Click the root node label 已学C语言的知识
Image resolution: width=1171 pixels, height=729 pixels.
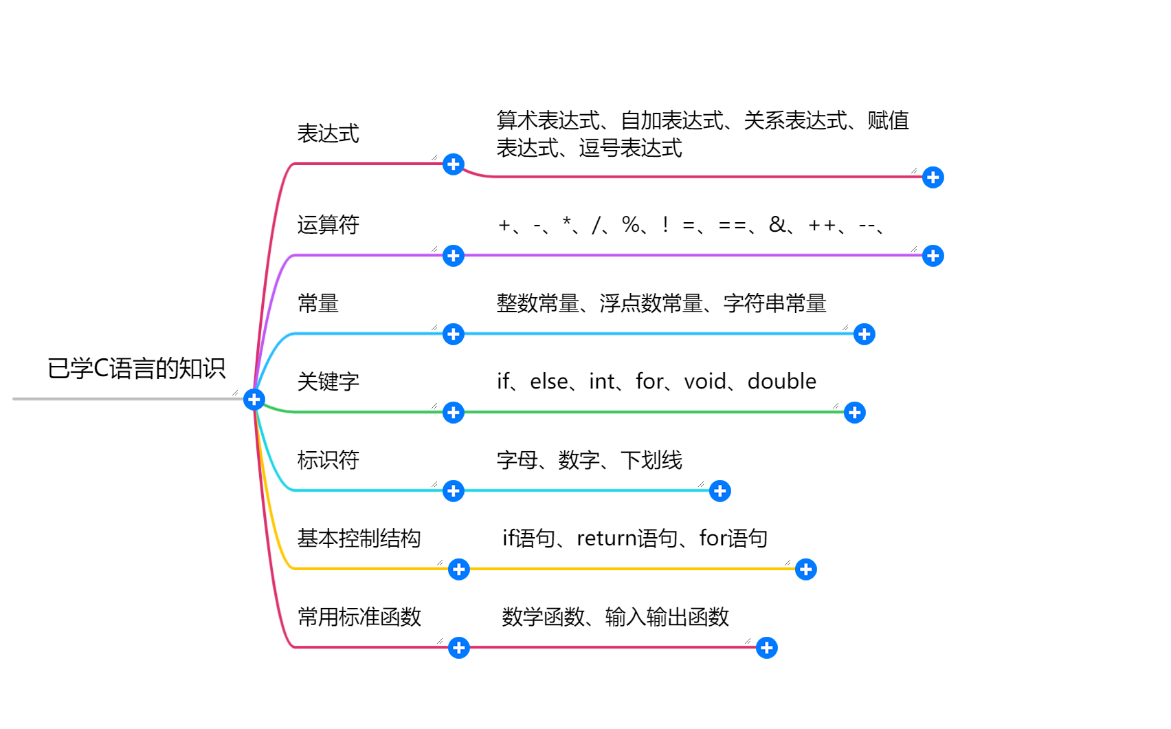click(136, 369)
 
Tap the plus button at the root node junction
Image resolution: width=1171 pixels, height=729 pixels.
click(254, 400)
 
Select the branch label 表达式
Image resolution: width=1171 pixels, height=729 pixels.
click(328, 133)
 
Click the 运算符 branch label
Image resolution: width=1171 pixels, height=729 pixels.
click(328, 225)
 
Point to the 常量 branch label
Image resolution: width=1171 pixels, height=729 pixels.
click(317, 303)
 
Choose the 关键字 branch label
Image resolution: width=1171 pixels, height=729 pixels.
click(328, 382)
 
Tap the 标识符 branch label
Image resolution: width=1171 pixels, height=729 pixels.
click(328, 460)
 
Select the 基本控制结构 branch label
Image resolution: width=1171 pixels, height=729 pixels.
click(359, 538)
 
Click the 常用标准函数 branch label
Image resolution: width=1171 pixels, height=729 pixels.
click(359, 617)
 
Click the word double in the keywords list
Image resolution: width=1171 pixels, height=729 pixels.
click(781, 382)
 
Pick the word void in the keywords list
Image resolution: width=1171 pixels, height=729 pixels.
click(705, 382)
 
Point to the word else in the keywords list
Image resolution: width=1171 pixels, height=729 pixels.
click(548, 382)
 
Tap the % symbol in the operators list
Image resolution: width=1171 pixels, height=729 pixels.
click(630, 224)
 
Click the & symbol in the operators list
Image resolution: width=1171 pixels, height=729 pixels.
click(777, 224)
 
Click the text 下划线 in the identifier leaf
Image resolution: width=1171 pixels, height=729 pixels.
click(651, 460)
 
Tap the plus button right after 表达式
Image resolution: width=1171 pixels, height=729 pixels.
click(454, 164)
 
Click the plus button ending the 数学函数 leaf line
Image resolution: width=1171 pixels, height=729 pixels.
click(767, 648)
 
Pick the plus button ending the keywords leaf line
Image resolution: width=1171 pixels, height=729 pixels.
click(855, 413)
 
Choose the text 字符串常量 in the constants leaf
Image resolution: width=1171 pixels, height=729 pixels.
click(774, 303)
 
